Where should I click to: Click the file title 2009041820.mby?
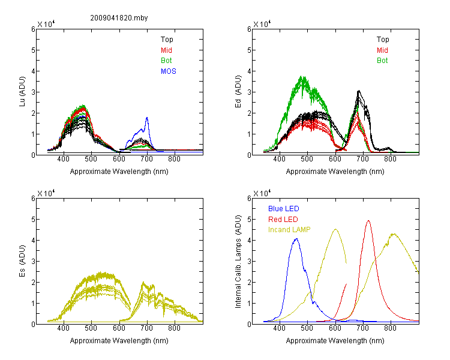point(119,18)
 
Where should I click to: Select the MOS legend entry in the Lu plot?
point(169,71)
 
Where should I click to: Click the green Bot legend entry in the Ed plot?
point(382,61)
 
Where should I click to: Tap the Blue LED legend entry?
point(284,209)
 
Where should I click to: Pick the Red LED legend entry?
point(283,220)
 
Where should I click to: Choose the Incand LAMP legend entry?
point(289,230)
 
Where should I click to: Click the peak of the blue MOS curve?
point(147,118)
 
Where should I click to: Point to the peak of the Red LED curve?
point(368,221)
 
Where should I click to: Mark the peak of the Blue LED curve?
point(296,239)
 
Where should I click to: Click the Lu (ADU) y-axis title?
point(22,92)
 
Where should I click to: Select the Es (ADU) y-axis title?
point(22,261)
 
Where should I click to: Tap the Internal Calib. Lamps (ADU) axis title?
point(238,262)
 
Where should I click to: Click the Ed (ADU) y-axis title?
point(238,92)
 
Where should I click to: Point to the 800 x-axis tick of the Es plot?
point(174,328)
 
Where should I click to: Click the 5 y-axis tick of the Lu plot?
point(33,50)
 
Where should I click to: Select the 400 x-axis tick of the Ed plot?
point(279,159)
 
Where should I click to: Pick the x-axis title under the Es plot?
point(119,341)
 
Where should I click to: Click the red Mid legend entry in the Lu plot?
point(166,50)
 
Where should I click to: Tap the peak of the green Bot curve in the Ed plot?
point(301,77)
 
